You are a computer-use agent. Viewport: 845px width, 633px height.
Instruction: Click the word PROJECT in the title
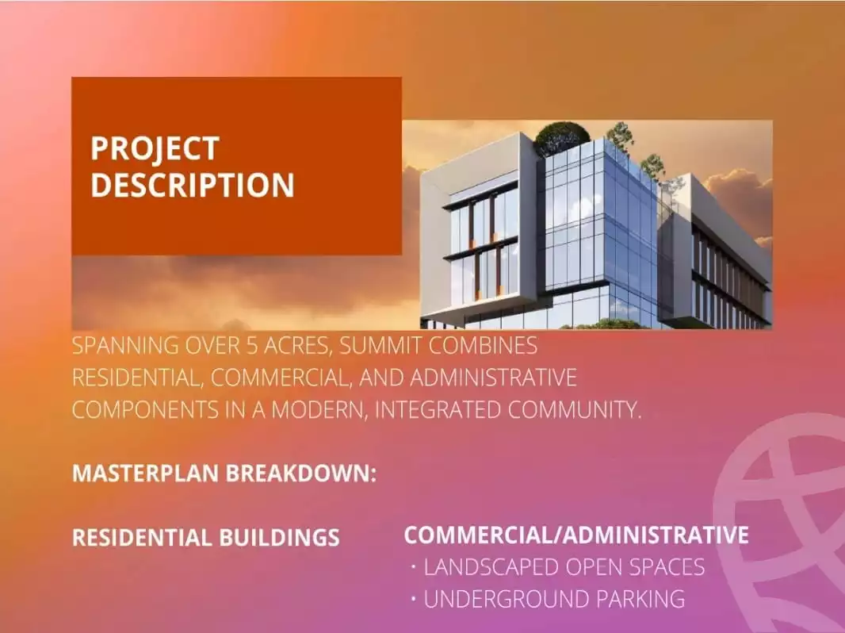[x=155, y=149]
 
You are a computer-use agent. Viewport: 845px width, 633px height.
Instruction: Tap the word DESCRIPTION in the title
[x=193, y=185]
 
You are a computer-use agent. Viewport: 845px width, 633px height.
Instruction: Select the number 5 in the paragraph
[x=251, y=346]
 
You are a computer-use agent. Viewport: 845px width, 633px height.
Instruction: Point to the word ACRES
[x=297, y=346]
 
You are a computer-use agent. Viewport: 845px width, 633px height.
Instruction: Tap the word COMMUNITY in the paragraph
[x=575, y=410]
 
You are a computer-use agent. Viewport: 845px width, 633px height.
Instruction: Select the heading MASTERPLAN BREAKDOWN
[x=224, y=474]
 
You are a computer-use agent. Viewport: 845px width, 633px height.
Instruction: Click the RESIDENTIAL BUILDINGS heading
[x=206, y=538]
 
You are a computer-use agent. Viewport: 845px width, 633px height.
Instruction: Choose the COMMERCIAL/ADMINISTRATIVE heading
[x=576, y=535]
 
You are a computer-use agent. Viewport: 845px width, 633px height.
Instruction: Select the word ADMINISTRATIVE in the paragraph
[x=493, y=378]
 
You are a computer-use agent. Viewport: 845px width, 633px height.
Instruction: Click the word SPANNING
[x=125, y=346]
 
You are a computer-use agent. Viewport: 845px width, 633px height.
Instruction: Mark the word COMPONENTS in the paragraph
[x=145, y=410]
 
